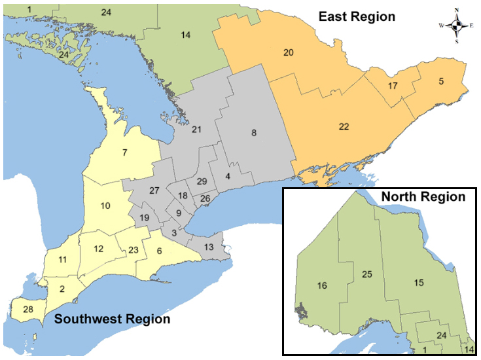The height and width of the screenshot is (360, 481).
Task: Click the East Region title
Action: [x=357, y=16]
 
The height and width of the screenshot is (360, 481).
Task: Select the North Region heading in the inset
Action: [x=423, y=196]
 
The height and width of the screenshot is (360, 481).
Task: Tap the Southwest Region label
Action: [x=112, y=319]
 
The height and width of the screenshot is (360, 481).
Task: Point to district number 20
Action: [x=288, y=52]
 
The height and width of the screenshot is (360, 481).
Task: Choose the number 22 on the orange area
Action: [x=344, y=127]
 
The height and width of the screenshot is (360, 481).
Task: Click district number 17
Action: [x=393, y=86]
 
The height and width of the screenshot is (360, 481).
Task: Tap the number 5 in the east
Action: [x=441, y=81]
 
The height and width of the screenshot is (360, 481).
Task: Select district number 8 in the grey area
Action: [x=253, y=134]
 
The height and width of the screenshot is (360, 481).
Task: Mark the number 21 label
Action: [x=196, y=130]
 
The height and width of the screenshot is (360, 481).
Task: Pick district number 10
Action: [x=105, y=206]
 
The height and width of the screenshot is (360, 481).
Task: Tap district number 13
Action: [x=209, y=247]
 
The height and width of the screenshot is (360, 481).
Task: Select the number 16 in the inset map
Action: [x=321, y=285]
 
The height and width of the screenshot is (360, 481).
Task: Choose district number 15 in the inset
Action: [x=418, y=283]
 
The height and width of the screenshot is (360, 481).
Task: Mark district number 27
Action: [x=154, y=190]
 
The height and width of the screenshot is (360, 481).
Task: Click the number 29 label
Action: [x=202, y=181]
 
